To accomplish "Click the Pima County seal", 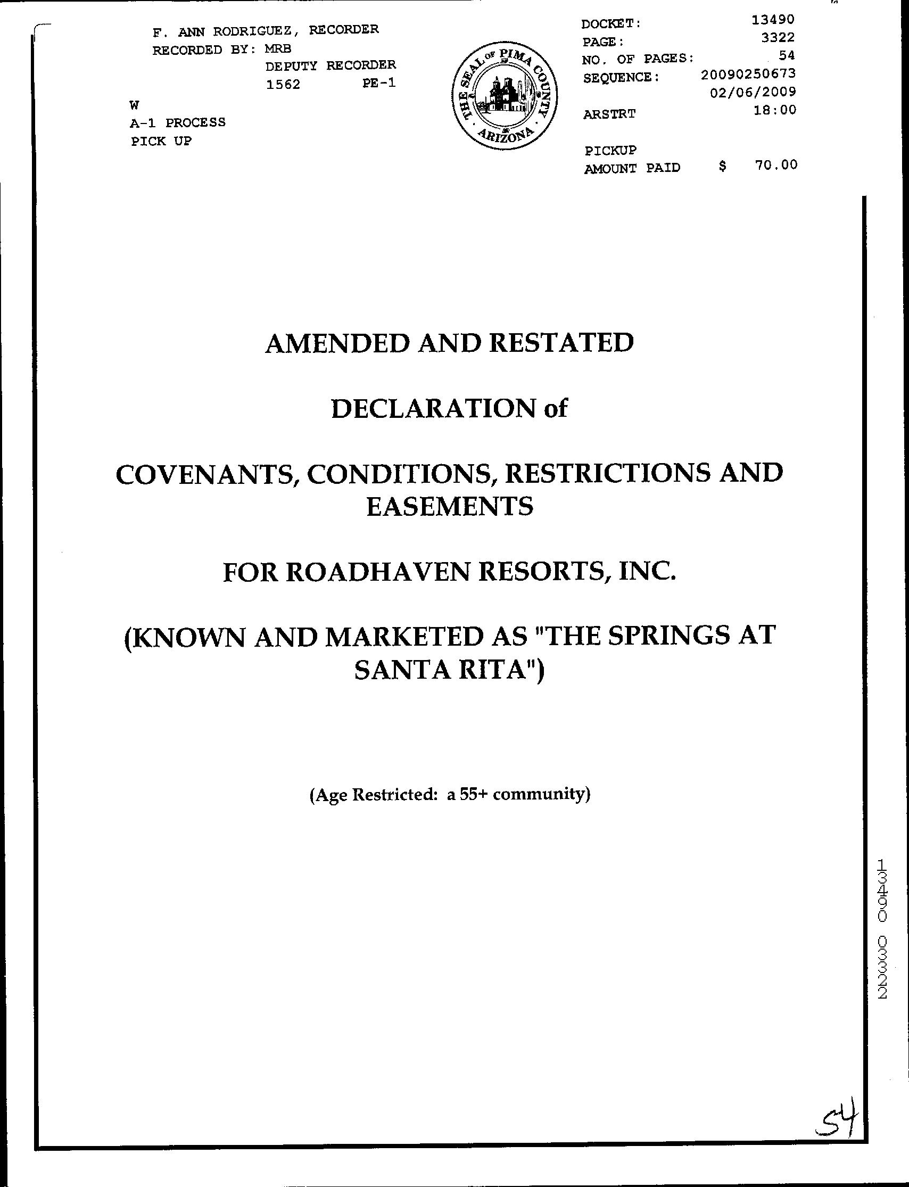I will click(505, 97).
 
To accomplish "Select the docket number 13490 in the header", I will click(773, 20).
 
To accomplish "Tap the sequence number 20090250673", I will click(748, 73).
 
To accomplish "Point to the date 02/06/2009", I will click(753, 92).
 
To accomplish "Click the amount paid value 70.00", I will click(776, 165).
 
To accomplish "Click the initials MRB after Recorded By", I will click(278, 48).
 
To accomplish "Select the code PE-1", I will click(379, 84).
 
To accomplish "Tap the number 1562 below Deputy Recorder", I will click(283, 85).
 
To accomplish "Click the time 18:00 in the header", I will click(775, 110).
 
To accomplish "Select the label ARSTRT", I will click(609, 114).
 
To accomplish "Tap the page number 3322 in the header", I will click(778, 37).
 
